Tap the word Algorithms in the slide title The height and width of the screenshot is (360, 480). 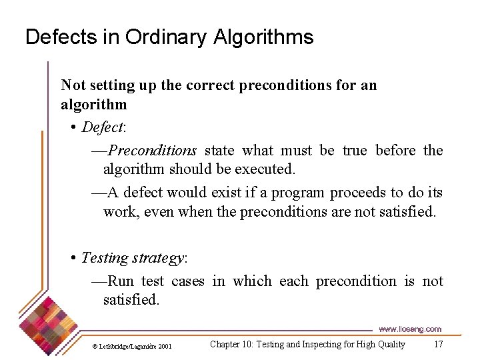[x=263, y=37]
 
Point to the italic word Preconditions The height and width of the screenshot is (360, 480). [x=151, y=150]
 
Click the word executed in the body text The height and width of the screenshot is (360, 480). [x=267, y=169]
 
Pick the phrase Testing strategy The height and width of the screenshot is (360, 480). [x=133, y=257]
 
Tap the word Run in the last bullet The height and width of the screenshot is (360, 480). [x=120, y=281]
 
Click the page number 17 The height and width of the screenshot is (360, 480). [x=438, y=344]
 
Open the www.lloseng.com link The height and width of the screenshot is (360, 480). [x=409, y=329]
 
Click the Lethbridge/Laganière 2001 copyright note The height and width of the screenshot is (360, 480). [x=131, y=346]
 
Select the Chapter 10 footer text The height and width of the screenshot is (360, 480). [x=307, y=344]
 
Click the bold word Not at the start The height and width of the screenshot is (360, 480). [x=73, y=85]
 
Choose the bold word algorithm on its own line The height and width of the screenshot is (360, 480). [x=93, y=105]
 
